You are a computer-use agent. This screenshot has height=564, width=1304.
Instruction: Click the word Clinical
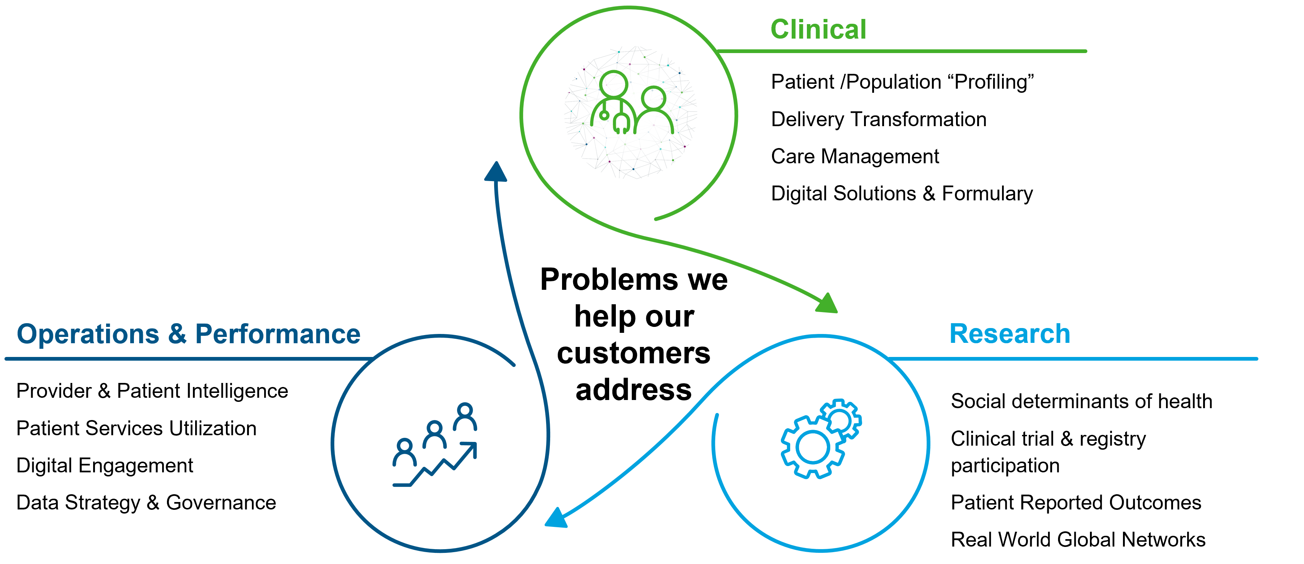pos(818,29)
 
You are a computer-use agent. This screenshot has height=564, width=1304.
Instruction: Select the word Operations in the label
pos(88,334)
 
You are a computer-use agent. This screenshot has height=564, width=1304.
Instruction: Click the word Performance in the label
pos(277,334)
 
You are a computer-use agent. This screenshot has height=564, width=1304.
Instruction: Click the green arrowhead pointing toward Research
pos(827,304)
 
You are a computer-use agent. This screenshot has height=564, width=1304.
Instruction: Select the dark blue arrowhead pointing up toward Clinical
pos(496,172)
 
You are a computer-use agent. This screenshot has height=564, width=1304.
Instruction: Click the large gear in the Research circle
pos(812,447)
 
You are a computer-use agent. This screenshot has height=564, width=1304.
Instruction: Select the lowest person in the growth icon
pos(404,452)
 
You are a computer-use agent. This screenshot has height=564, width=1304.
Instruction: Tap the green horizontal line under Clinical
pos(901,51)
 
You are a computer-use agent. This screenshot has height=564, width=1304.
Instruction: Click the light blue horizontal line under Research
pos(1073,359)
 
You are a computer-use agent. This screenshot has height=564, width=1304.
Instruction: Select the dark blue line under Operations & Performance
pos(187,359)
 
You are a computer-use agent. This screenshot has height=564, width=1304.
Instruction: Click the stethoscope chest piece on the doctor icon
pos(604,115)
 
